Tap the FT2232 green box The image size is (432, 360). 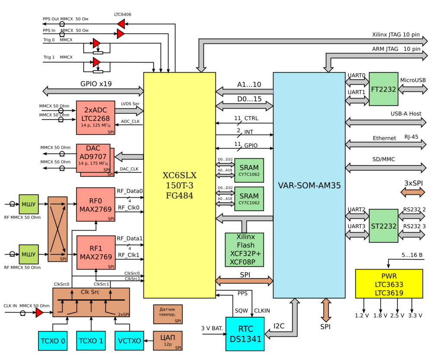click(384, 89)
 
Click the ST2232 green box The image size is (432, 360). click(384, 226)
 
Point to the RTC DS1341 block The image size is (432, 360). click(245, 334)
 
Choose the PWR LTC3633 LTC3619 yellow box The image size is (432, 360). click(389, 284)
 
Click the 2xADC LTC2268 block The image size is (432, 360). click(95, 115)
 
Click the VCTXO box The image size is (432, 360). click(129, 341)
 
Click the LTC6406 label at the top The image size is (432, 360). click(123, 14)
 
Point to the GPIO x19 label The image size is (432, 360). click(96, 84)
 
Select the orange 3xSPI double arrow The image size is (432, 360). click(413, 192)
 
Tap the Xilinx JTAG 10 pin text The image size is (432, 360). click(396, 35)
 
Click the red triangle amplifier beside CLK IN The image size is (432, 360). click(39, 312)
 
